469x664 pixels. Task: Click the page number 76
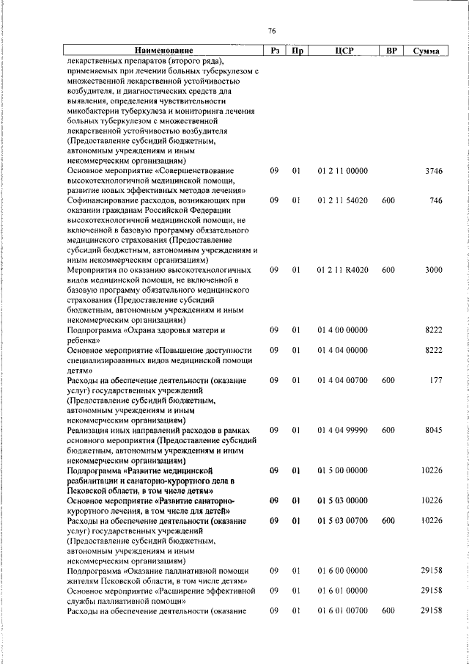(x=272, y=30)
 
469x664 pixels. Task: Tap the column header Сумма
(x=426, y=51)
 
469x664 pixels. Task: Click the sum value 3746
(x=434, y=170)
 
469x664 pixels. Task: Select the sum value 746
(x=436, y=200)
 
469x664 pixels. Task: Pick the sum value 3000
(x=434, y=270)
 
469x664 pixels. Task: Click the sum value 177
(x=436, y=380)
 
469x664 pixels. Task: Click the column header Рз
(x=273, y=51)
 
